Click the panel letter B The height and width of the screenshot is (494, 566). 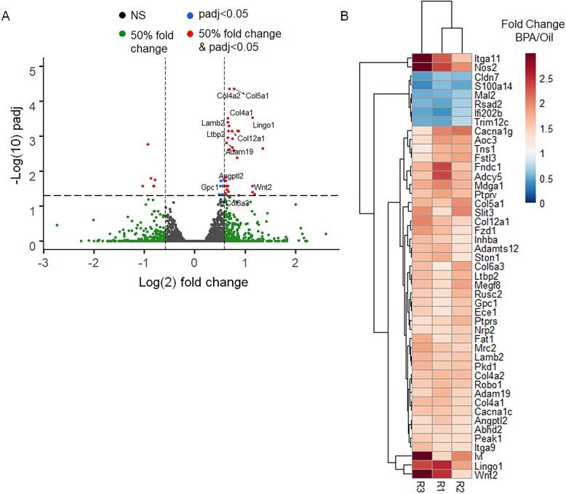(x=364, y=15)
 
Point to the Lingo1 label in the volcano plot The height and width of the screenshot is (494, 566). (x=263, y=125)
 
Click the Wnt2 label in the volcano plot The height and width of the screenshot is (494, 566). (x=263, y=187)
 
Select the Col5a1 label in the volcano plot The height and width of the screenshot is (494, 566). (x=257, y=95)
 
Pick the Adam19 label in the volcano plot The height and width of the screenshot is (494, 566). (x=239, y=152)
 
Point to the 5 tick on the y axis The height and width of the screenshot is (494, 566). (x=31, y=71)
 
